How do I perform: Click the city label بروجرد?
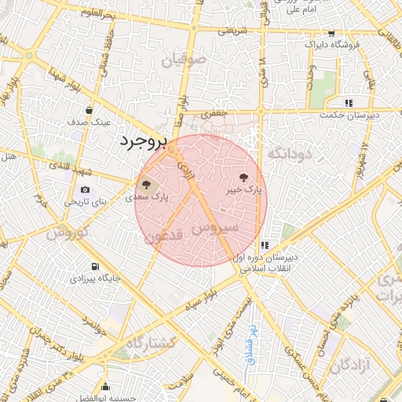pos(144,142)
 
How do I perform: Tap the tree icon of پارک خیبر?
pos(242,177)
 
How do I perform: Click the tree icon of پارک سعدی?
pos(146,186)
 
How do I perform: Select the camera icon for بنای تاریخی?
pos(85,190)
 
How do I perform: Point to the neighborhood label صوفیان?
pos(184,60)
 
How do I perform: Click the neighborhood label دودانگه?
pos(291,154)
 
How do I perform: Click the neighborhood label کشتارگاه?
pos(148,342)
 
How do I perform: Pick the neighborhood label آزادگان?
pos(350,365)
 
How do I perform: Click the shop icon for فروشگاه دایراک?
pos(331,34)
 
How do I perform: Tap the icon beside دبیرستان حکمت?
pos(347,103)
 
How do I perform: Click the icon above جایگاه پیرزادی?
pos(95,267)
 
